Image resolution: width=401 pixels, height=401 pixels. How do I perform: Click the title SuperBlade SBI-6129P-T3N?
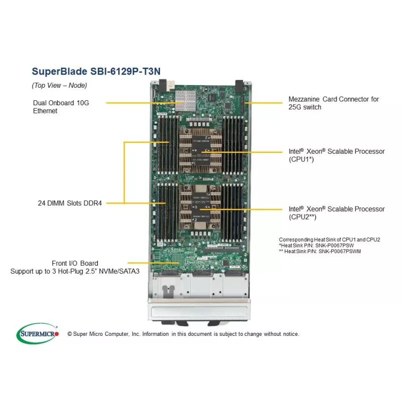96,71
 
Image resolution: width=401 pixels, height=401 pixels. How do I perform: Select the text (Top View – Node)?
59,85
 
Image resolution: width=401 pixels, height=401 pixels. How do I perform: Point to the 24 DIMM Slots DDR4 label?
70,203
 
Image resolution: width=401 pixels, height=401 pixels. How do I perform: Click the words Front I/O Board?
75,263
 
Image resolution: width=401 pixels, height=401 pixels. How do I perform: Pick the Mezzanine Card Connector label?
333,99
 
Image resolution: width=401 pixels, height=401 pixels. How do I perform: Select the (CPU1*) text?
301,159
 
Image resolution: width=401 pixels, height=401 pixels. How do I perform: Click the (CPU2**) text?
302,217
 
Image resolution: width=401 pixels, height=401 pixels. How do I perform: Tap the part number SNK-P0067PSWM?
337,251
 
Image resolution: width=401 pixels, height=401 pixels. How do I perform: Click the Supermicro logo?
38,333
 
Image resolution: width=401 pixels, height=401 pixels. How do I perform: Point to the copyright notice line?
182,334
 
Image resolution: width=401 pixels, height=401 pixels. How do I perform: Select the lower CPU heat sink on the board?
200,207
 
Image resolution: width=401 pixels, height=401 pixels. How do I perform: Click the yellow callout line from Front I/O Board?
150,262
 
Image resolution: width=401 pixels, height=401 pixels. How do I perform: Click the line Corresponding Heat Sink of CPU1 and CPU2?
329,240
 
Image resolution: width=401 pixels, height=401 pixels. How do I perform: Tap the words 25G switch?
305,107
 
